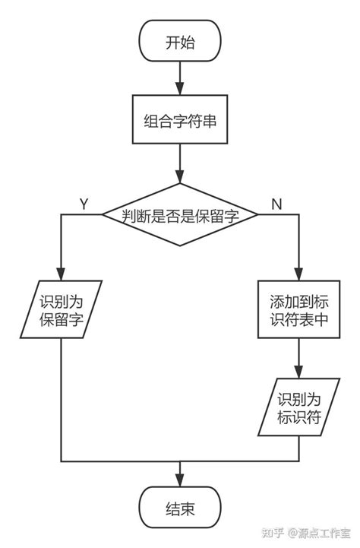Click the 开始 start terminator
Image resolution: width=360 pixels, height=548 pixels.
click(180, 43)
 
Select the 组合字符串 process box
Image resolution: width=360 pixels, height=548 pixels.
click(180, 119)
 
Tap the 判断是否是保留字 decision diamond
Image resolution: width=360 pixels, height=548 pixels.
click(180, 215)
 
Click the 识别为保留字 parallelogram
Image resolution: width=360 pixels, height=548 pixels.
click(61, 310)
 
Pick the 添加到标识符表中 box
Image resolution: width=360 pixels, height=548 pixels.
click(298, 310)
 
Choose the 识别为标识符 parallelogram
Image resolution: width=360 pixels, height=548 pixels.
click(298, 407)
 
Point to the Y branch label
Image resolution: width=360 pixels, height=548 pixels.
click(84, 203)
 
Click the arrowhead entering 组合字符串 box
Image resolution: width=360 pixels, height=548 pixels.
click(180, 89)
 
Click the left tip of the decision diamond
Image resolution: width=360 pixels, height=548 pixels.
click(103, 215)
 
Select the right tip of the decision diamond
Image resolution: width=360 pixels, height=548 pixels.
click(258, 215)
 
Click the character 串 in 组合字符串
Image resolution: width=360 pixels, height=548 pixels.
click(215, 119)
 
